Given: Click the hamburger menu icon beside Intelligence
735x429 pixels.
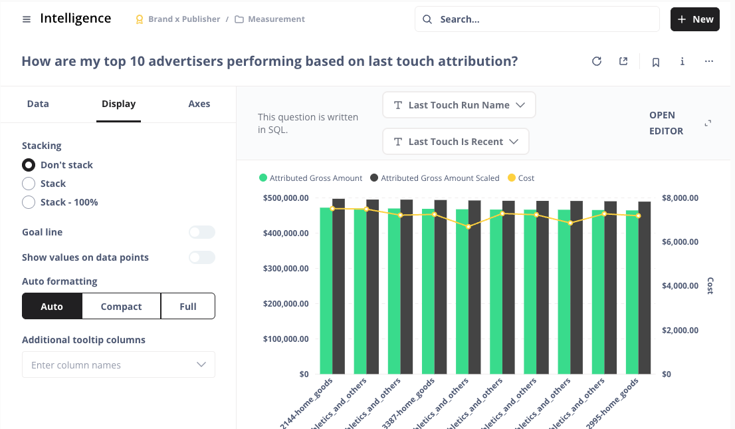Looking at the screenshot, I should tap(27, 19).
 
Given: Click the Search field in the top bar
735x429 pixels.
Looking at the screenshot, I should tap(537, 19).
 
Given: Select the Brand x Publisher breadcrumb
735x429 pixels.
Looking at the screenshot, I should tap(178, 19).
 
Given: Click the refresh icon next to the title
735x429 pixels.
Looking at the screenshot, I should tap(597, 62).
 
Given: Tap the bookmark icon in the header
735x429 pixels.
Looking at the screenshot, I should tap(656, 62).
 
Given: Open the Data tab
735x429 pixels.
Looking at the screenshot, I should tap(38, 104).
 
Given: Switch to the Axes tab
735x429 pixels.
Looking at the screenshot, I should tap(199, 104).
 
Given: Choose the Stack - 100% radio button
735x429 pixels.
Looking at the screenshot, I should tap(29, 202).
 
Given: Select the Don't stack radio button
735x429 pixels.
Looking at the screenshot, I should tap(29, 165).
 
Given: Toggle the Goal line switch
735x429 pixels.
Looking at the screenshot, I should tap(201, 232).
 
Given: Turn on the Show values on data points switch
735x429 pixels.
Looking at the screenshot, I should tap(201, 257).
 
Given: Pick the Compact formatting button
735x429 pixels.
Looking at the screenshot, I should tap(121, 307).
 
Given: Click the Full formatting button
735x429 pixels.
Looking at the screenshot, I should tap(188, 307).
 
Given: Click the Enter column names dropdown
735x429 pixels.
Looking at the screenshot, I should tap(118, 365).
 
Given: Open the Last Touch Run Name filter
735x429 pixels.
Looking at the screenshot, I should tap(459, 105).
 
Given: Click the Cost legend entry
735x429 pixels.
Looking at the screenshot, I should tap(521, 178).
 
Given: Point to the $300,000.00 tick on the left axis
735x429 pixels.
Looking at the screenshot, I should tap(286, 269).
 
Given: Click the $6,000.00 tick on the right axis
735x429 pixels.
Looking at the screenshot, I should tap(681, 242).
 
